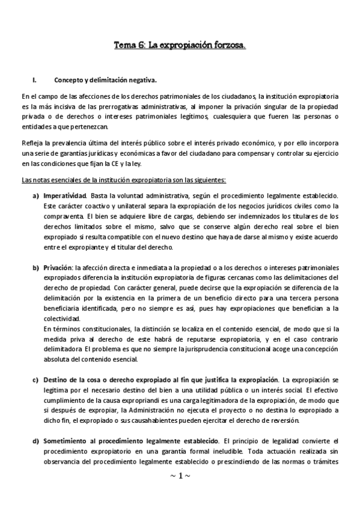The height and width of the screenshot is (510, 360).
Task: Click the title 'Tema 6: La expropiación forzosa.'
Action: click(180, 45)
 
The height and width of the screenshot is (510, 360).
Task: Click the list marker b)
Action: click(35, 266)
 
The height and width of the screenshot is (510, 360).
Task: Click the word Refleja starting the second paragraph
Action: click(32, 143)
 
